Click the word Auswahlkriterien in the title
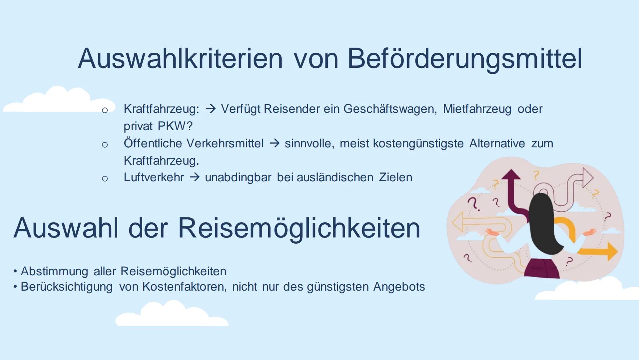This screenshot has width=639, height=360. (180, 58)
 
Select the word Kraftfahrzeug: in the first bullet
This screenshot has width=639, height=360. (161, 109)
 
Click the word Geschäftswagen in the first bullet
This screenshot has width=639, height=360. (390, 109)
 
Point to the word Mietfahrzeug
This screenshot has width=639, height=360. (477, 109)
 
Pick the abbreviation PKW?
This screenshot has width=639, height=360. (175, 126)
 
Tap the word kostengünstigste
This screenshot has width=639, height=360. (418, 144)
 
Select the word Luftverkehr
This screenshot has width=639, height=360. (154, 177)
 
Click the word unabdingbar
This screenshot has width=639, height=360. (238, 177)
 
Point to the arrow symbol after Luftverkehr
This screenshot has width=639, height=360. (195, 177)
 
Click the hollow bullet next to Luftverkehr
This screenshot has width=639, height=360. (105, 179)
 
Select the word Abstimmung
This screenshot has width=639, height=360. (54, 272)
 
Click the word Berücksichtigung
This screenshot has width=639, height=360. (67, 287)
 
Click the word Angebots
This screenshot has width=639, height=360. (399, 287)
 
